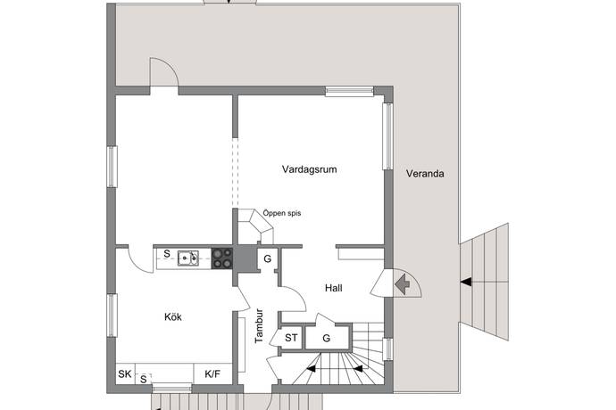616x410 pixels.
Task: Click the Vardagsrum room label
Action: (309, 169)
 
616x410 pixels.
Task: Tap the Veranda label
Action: (425, 174)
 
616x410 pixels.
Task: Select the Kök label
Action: (173, 316)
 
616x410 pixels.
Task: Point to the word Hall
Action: (334, 288)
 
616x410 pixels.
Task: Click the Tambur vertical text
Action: (259, 326)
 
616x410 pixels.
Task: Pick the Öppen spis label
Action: (282, 213)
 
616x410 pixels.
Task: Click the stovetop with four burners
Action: (222, 258)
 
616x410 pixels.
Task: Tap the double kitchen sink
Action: (188, 258)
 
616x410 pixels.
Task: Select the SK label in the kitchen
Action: (125, 374)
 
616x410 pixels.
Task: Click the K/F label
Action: (212, 374)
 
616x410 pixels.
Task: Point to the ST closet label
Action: (291, 338)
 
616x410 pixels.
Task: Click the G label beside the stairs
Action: (326, 338)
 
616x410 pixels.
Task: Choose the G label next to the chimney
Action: (268, 259)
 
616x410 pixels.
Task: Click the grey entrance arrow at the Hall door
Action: (403, 284)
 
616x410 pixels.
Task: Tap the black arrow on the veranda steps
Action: (466, 282)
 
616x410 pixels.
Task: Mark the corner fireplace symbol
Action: (255, 226)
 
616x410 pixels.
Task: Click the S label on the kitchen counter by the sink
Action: (167, 254)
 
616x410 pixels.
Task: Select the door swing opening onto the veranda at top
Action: (164, 72)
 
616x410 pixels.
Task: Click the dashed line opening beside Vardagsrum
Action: (236, 173)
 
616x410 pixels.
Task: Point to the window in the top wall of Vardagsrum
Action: (349, 91)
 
